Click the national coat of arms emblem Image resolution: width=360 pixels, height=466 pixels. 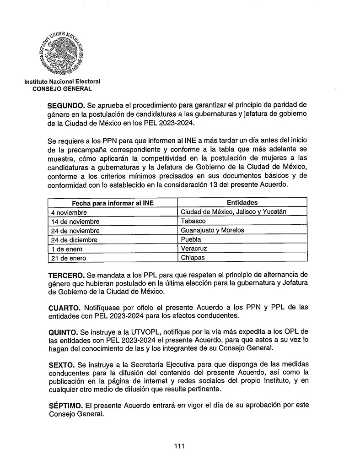61,53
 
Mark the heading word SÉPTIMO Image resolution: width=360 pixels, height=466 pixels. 64,406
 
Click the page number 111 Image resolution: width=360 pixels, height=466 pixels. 179,446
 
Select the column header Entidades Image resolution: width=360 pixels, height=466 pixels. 242,202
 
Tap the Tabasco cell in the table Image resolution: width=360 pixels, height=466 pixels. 193,221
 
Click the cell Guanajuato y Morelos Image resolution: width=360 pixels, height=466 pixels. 212,230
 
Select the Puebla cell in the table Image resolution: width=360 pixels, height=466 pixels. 191,239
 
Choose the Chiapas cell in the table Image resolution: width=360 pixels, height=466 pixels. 193,258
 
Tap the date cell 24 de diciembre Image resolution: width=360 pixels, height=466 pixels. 74,240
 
